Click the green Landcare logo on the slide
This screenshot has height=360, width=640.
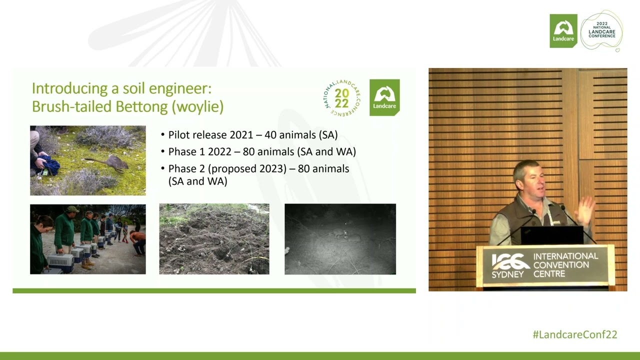click(384, 97)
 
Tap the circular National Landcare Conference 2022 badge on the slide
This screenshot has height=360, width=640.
click(342, 98)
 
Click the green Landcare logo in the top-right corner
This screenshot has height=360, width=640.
click(563, 31)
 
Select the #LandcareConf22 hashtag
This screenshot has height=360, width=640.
click(574, 335)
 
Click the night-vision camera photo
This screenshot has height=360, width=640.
click(340, 239)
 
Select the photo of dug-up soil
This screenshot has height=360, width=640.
click(214, 239)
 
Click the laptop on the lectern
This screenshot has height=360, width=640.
click(551, 234)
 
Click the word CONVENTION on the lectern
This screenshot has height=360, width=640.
click(560, 265)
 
